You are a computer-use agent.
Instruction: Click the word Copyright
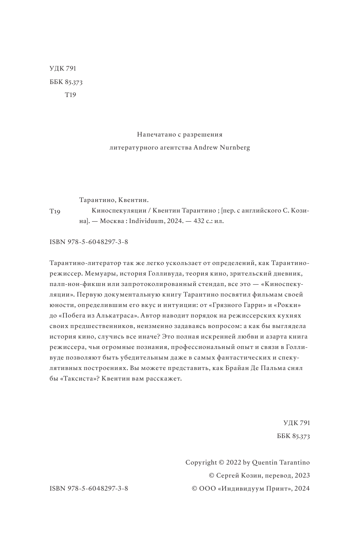tap(200, 462)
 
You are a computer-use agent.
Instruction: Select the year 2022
tap(234, 462)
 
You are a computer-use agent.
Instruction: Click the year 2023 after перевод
tap(302, 475)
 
